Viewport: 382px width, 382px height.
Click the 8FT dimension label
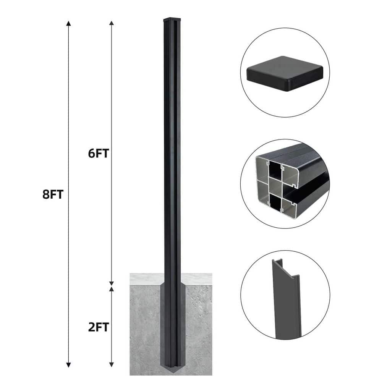click(x=52, y=194)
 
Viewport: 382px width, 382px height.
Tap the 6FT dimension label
click(x=98, y=153)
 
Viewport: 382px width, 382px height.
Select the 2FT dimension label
click(x=98, y=327)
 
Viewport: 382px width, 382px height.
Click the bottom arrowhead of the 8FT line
click(x=69, y=365)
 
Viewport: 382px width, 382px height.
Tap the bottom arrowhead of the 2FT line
click(x=112, y=365)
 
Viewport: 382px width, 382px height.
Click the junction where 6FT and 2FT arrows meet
click(x=112, y=284)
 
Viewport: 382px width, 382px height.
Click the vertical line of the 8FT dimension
click(x=69, y=115)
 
